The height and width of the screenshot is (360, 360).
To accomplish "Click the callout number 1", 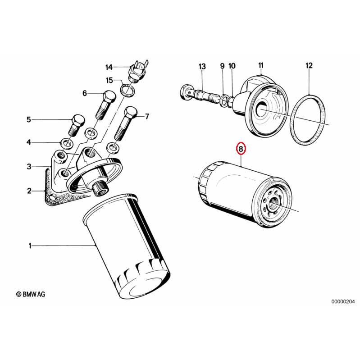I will [30, 246].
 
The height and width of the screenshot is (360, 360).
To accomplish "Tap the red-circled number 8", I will [241, 148].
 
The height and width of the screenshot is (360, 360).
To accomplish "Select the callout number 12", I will [309, 66].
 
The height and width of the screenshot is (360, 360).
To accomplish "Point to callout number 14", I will [109, 67].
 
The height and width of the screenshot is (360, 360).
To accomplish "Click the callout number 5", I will [28, 119].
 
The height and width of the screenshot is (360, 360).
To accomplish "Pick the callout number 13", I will [202, 66].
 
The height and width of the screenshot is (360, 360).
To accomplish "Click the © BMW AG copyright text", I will [31, 294].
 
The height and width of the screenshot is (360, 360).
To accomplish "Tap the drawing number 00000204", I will [343, 301].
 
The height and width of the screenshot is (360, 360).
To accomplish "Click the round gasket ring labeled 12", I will [309, 119].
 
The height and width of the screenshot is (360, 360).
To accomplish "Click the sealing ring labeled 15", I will [128, 89].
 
